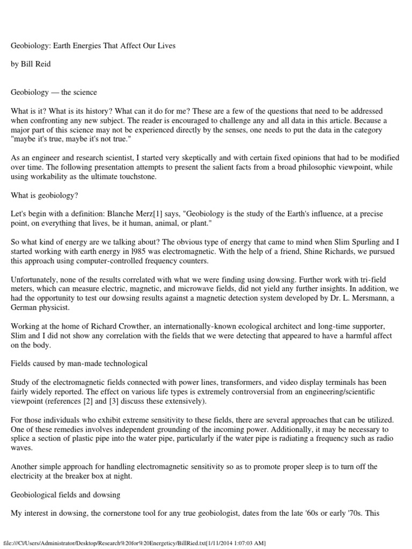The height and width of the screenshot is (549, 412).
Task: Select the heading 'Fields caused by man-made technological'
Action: tap(79, 363)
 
